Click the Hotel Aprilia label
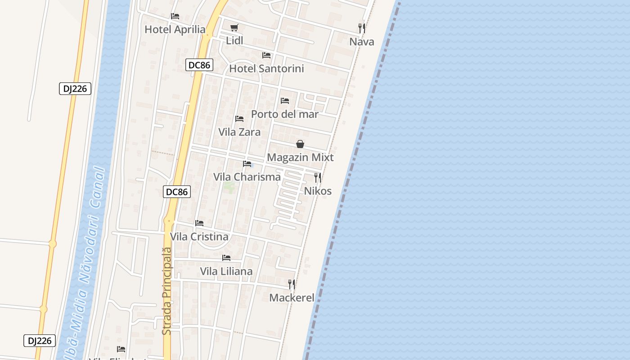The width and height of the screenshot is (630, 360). click(175, 30)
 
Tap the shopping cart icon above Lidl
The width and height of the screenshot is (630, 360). click(234, 27)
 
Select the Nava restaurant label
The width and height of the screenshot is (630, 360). click(362, 42)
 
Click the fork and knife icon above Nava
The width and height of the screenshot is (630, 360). click(362, 28)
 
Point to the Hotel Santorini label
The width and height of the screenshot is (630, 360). click(266, 69)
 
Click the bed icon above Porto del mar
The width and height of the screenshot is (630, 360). click(285, 101)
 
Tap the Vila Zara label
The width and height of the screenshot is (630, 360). click(239, 132)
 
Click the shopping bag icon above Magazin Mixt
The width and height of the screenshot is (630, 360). click(300, 144)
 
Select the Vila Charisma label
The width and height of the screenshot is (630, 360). click(247, 177)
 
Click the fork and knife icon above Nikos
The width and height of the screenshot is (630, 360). click(318, 178)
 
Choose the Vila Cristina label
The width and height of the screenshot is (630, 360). click(199, 237)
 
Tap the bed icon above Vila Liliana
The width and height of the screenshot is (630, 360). click(226, 258)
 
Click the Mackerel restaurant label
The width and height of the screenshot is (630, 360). click(292, 298)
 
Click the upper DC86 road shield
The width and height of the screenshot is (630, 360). click(199, 65)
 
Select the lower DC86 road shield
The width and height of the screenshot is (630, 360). click(177, 192)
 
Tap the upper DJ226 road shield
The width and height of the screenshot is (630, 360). click(75, 89)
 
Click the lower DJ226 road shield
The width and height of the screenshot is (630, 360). click(40, 341)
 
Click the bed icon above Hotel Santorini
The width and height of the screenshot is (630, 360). click(266, 55)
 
